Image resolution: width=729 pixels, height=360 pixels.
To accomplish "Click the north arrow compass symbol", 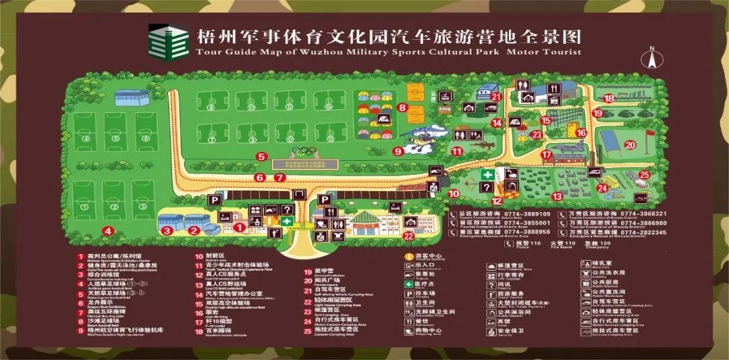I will coord(653,57).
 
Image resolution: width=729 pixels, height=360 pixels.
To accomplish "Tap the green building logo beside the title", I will coord(168,42).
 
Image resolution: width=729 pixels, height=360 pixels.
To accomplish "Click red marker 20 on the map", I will coord(630,144).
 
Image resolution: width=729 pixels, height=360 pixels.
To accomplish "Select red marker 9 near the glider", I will coord(398,151).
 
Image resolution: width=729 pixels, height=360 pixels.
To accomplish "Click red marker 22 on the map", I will coord(408,236).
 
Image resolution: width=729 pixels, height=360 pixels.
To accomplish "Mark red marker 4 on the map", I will coord(107,230).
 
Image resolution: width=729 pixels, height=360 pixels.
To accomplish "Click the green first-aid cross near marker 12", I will coord(485,174).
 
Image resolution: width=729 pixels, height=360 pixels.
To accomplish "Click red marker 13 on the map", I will coord(557,197).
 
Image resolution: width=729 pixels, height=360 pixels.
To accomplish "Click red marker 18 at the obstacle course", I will coord(609,98).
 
